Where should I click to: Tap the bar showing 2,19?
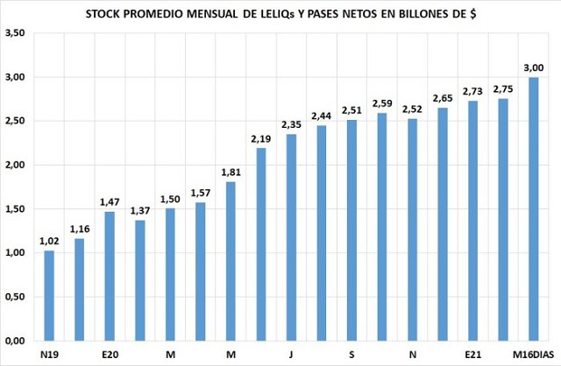261,244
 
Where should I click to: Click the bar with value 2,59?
381,227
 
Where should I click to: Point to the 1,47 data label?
110,202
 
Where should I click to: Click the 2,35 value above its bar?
291,125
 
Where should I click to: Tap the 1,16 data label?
80,229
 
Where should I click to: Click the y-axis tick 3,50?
14,33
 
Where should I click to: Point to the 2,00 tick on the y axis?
14,165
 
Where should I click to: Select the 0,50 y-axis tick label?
14,297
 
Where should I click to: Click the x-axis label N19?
49,355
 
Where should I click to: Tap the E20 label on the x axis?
110,355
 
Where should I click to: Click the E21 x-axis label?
472,355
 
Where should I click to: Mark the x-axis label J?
291,355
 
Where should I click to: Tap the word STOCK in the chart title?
106,15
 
